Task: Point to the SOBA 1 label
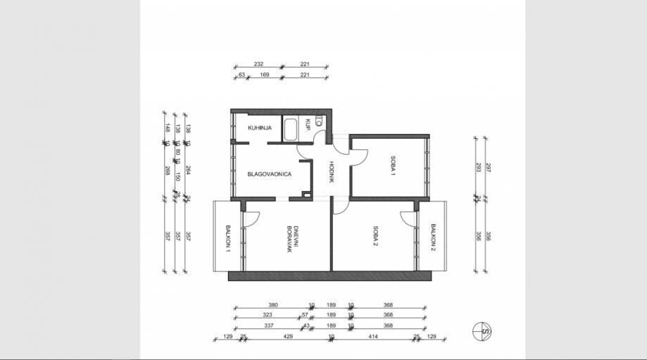[x=392, y=168]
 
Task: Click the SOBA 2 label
[x=376, y=234]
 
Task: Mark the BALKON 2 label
[x=433, y=238]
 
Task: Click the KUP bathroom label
[x=308, y=125]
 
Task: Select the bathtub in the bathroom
[x=291, y=129]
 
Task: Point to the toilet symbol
[x=319, y=121]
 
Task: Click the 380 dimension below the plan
[x=273, y=305]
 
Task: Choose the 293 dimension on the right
[x=477, y=168]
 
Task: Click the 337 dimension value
[x=268, y=325]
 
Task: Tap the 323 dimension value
[x=267, y=315]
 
